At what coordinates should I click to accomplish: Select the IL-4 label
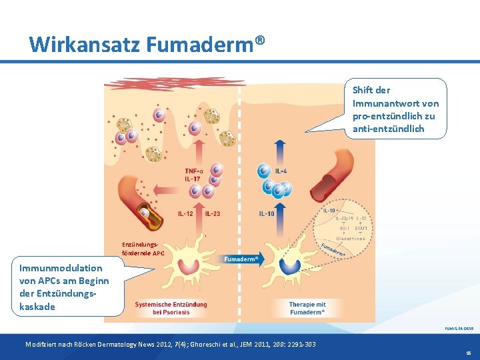coord(281,171)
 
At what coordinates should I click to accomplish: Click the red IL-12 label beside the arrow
coord(186,213)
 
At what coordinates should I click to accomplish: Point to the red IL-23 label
coord(213,213)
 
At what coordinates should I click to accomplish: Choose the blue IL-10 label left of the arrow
coord(266,213)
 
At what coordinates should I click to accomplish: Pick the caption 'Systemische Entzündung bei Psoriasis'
coord(171,308)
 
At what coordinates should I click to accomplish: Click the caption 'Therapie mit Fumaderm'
coord(307,308)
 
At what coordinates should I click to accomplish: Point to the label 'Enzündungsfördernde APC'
coord(143,249)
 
